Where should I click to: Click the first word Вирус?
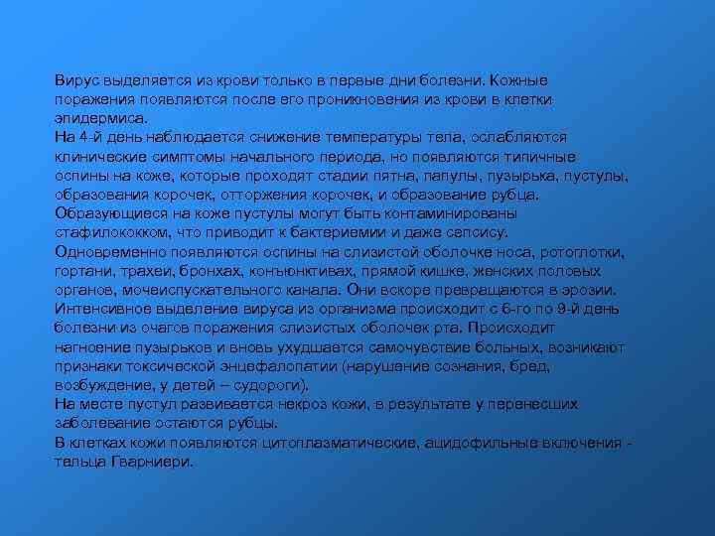click(x=76, y=78)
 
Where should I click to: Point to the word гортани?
click(x=81, y=271)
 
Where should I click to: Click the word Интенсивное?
click(x=103, y=309)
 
